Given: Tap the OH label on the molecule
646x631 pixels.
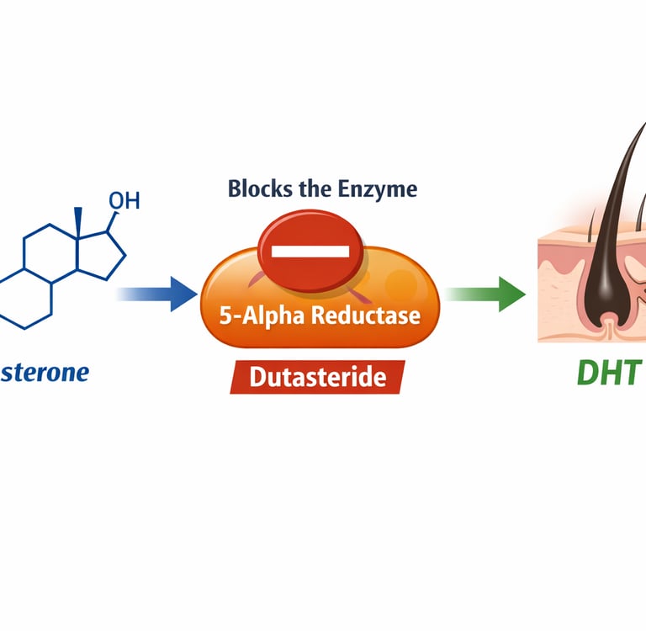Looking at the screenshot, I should point(124,201).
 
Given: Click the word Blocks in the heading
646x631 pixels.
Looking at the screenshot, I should point(258,188).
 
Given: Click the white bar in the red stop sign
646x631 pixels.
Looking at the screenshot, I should point(310,251).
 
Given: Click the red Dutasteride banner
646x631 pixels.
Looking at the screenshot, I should point(317,375).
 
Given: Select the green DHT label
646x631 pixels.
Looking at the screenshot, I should point(609,371).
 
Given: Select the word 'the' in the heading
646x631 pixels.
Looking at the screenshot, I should point(315,188).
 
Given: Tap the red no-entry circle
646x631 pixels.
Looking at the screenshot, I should point(310,251).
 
